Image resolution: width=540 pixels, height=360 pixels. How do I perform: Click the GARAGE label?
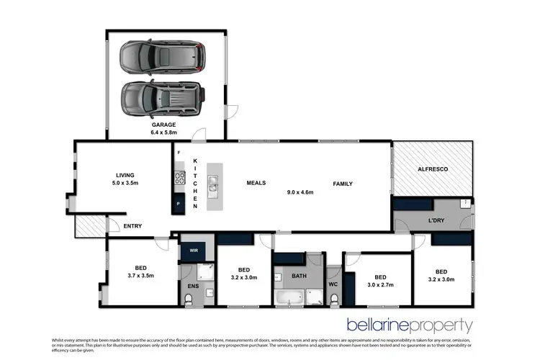pos(163,125)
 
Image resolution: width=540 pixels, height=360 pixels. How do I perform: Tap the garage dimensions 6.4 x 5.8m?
pos(163,132)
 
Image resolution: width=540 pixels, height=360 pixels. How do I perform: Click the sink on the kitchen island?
pos(215,189)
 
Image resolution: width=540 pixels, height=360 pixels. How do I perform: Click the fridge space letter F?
pos(178,153)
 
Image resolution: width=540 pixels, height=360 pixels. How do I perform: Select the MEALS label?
pos(257,184)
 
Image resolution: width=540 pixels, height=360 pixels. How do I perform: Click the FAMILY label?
pos(343,184)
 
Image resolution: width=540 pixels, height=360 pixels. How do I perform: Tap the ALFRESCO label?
pos(433,168)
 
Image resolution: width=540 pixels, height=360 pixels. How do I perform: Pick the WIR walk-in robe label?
pos(194,251)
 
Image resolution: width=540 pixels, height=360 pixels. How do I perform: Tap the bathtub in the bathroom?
pos(290,296)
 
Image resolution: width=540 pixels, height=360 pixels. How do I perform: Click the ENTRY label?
pos(132,226)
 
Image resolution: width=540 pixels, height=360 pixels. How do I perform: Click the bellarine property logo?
pos(409,325)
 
